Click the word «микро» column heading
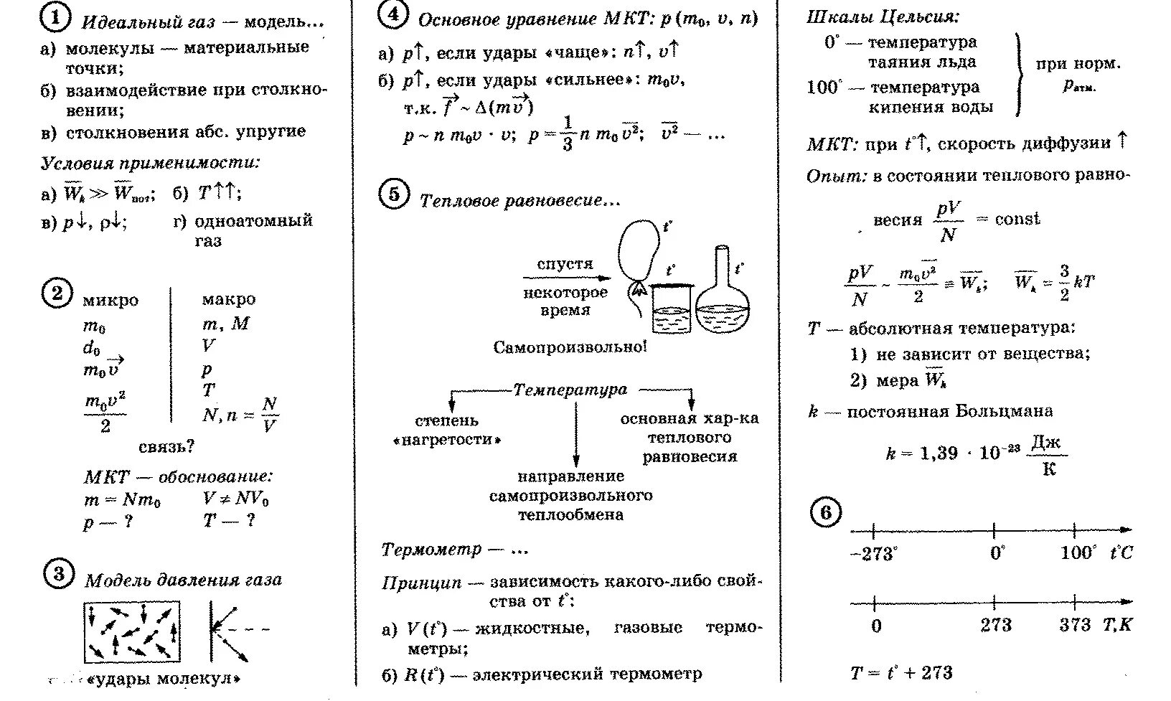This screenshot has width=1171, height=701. (x=110, y=301)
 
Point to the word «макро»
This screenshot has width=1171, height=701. (x=228, y=299)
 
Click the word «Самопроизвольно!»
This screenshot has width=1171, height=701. (x=570, y=347)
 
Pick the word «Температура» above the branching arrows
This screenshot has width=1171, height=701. (x=570, y=390)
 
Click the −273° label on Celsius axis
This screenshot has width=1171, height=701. (x=874, y=554)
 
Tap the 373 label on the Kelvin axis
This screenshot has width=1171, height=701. (x=1075, y=625)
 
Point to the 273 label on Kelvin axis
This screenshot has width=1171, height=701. (x=996, y=625)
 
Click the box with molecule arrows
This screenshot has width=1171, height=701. (x=132, y=631)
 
